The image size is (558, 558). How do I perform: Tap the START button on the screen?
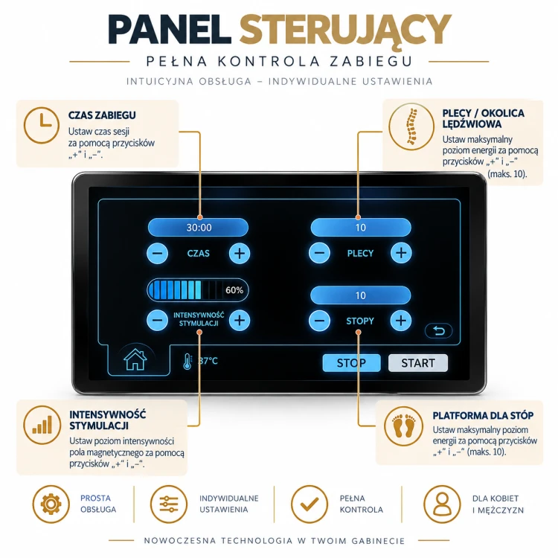point(418,363)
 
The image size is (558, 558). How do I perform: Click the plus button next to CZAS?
point(240,254)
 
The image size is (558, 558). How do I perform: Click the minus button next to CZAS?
point(157,254)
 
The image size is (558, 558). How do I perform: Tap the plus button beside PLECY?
point(401,253)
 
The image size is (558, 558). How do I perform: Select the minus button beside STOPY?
point(319,321)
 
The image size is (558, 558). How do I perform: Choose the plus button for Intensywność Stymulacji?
point(240,320)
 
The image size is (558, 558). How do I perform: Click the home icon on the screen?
point(135,359)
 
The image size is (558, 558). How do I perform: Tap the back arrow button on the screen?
point(439,331)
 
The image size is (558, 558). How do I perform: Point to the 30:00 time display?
point(199,228)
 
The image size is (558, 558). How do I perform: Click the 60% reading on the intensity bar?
point(234,290)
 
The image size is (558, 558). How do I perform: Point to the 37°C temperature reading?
point(208,361)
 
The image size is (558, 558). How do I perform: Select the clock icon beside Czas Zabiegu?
point(42,125)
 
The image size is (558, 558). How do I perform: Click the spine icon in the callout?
point(411,126)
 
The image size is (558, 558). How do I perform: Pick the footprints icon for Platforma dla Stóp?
point(404,426)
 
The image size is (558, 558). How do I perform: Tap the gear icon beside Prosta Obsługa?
point(51,504)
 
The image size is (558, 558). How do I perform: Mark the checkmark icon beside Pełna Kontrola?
point(310,504)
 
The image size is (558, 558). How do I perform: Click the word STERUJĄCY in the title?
point(345,29)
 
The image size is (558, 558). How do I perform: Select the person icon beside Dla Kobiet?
point(442,504)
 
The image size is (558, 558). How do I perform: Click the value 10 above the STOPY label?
point(361,295)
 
